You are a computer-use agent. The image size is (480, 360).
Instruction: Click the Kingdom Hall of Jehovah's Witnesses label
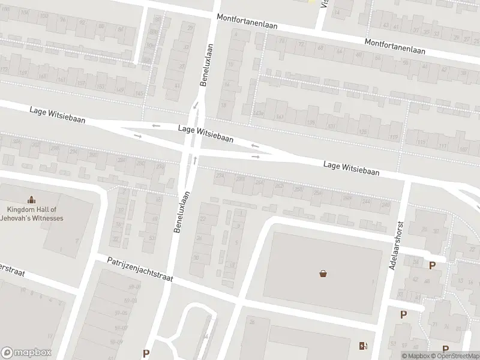[35, 214]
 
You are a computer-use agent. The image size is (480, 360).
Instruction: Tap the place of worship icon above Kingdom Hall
[31, 200]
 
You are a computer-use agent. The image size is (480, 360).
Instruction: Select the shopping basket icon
[323, 274]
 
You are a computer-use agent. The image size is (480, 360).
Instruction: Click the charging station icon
[362, 346]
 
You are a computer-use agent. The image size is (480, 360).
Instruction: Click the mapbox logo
[26, 353]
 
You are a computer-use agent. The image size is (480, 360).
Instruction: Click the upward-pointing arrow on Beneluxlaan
[196, 160]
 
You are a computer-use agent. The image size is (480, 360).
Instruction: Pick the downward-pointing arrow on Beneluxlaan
[194, 106]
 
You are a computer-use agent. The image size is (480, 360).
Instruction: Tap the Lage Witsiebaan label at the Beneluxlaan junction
[206, 133]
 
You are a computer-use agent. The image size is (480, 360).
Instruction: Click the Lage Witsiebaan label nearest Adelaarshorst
[351, 167]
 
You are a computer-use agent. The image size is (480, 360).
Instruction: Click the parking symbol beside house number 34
[431, 265]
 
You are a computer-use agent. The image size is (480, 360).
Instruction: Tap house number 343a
[259, 113]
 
